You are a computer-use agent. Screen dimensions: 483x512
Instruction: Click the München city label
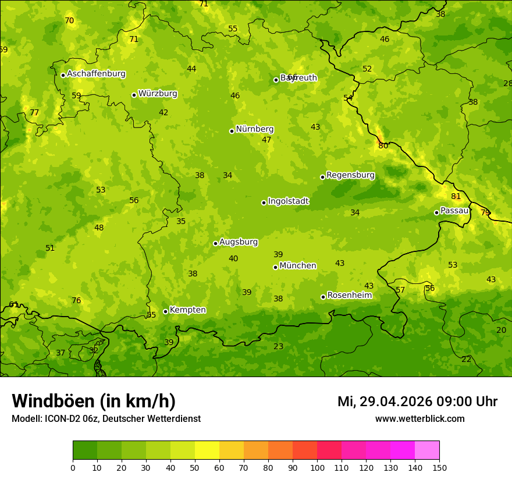click(x=297, y=266)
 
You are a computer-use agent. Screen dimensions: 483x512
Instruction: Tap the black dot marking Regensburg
click(x=322, y=177)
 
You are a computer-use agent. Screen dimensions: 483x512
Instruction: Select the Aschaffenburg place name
click(x=96, y=74)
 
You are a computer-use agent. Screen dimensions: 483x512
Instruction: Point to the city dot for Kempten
click(x=165, y=311)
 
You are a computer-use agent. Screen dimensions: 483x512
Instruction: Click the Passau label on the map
click(x=454, y=211)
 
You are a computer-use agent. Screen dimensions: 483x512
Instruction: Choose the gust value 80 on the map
click(x=383, y=146)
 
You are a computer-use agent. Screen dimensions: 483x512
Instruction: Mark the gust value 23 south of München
click(x=279, y=346)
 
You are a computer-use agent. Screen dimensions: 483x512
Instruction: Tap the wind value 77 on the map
click(x=34, y=113)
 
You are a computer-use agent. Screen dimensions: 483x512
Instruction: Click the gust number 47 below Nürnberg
click(x=266, y=140)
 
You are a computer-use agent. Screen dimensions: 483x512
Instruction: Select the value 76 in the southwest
click(x=76, y=301)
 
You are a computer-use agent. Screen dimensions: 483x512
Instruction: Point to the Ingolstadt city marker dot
click(x=264, y=203)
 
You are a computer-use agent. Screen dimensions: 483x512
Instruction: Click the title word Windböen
click(x=53, y=401)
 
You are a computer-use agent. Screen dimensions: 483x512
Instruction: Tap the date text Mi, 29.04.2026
click(x=385, y=402)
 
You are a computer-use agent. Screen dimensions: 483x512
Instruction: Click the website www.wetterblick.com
click(x=419, y=419)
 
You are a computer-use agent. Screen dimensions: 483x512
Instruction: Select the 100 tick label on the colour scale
click(x=317, y=467)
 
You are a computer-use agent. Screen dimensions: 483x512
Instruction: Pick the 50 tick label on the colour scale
click(x=195, y=467)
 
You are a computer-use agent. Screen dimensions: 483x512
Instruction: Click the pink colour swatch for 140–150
click(x=427, y=450)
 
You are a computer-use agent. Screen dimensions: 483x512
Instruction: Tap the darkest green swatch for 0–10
click(x=85, y=450)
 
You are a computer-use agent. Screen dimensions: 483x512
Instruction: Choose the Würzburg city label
click(x=158, y=94)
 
